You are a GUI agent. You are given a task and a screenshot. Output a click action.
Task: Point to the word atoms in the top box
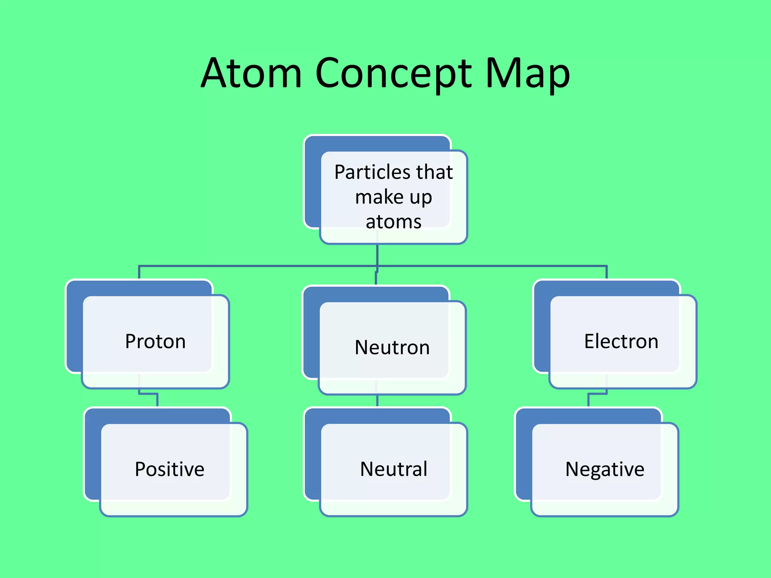click(x=393, y=222)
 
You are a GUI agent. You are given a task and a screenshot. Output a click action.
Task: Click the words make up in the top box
click(x=393, y=197)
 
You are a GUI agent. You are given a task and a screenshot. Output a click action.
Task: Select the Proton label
click(x=155, y=341)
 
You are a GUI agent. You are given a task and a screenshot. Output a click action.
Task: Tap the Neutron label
click(x=392, y=347)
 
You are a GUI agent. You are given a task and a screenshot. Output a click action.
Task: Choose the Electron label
click(x=621, y=341)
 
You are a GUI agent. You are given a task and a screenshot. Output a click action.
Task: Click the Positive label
click(x=169, y=469)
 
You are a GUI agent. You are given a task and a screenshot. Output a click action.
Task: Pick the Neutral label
click(x=393, y=469)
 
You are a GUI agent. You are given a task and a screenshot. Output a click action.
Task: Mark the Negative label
click(x=605, y=469)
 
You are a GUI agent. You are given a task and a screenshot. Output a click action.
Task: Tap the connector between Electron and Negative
click(x=588, y=400)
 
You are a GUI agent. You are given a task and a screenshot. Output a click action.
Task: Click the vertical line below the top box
click(x=377, y=255)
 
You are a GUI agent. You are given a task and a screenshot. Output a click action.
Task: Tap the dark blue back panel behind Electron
click(x=541, y=327)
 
